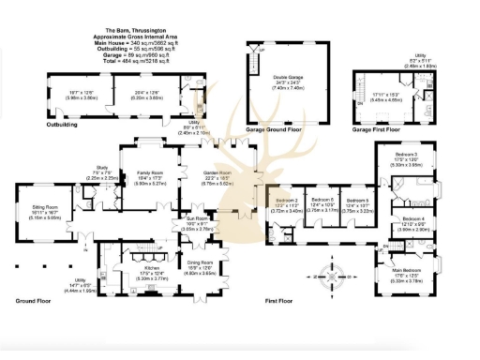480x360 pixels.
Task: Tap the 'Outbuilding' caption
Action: [62, 123]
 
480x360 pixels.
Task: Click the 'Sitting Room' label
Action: [39, 214]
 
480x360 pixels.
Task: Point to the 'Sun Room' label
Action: [197, 222]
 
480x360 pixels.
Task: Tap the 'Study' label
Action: [102, 172]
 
